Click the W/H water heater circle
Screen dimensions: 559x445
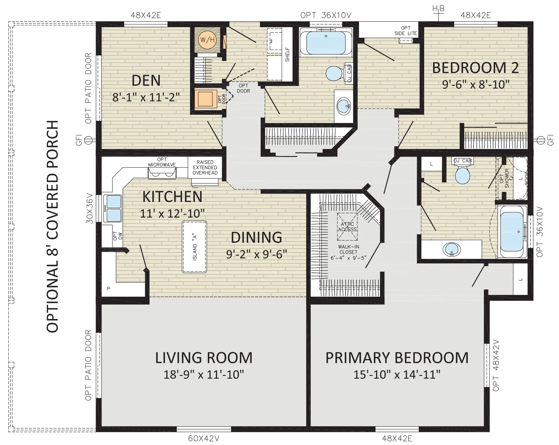click(x=207, y=40)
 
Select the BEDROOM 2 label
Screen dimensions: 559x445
click(x=475, y=68)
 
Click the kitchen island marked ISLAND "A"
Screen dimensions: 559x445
click(x=194, y=247)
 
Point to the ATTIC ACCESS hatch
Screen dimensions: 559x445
click(x=347, y=227)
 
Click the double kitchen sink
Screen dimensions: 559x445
click(x=113, y=208)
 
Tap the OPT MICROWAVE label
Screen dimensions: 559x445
click(x=162, y=162)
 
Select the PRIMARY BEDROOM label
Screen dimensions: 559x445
click(x=397, y=357)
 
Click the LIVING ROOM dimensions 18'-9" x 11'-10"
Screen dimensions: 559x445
click(x=204, y=375)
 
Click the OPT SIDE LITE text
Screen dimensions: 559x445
click(x=406, y=31)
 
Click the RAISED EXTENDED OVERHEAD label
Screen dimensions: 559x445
click(x=205, y=168)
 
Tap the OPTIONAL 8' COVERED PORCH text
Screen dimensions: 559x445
click(x=52, y=226)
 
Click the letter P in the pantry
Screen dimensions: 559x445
click(x=108, y=289)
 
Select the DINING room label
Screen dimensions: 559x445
click(x=257, y=237)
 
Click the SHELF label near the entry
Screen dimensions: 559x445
click(x=287, y=54)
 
